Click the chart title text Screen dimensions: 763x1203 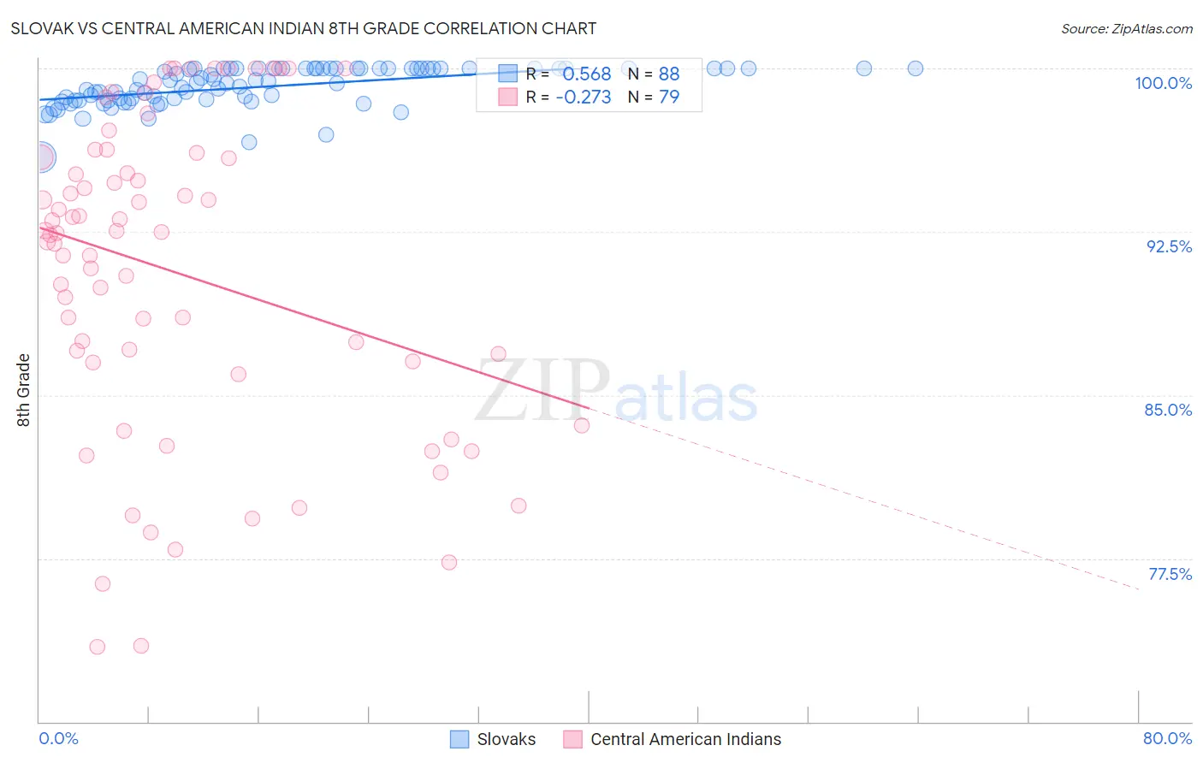pyautogui.click(x=304, y=28)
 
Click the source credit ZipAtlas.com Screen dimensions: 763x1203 pyautogui.click(x=1126, y=28)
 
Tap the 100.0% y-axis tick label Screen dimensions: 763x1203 pyautogui.click(x=1163, y=83)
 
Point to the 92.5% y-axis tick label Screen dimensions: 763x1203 pyautogui.click(x=1169, y=246)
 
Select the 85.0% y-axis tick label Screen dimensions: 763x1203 pyautogui.click(x=1168, y=410)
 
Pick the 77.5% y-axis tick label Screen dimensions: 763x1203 pyautogui.click(x=1170, y=574)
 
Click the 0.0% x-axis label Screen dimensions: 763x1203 pyautogui.click(x=58, y=738)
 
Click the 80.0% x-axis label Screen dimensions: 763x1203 pyautogui.click(x=1167, y=738)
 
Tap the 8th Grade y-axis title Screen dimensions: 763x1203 pyautogui.click(x=23, y=390)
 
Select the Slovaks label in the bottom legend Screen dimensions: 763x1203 pyautogui.click(x=507, y=739)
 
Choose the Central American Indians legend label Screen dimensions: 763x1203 pyautogui.click(x=685, y=739)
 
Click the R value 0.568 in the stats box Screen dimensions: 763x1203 pyautogui.click(x=586, y=74)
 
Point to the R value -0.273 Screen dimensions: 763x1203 pyautogui.click(x=583, y=98)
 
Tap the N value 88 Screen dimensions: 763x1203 pyautogui.click(x=669, y=74)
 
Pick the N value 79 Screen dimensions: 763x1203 pyautogui.click(x=669, y=98)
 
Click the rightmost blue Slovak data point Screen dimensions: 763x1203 pyautogui.click(x=915, y=68)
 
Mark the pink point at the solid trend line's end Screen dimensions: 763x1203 pyautogui.click(x=582, y=425)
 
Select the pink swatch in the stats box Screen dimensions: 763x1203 pyautogui.click(x=508, y=98)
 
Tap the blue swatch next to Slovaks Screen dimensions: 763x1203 pyautogui.click(x=459, y=739)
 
